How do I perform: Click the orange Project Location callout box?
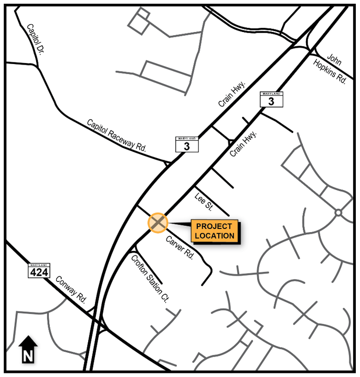[x=214, y=231]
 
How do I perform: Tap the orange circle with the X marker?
[x=157, y=223]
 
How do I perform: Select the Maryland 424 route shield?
[x=39, y=270]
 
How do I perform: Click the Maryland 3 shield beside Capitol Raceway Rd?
[x=187, y=144]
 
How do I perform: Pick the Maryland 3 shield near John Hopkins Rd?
[x=271, y=99]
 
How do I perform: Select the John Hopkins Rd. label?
[x=331, y=68]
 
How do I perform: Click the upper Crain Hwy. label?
[x=230, y=96]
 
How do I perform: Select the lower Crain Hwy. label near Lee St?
[x=244, y=143]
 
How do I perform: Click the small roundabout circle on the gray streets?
[x=338, y=213]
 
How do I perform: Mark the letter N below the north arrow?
[x=28, y=357]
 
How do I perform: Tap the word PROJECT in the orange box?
[x=214, y=227]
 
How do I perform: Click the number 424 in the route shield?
[x=39, y=273]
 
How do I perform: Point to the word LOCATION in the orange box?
[x=214, y=236]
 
